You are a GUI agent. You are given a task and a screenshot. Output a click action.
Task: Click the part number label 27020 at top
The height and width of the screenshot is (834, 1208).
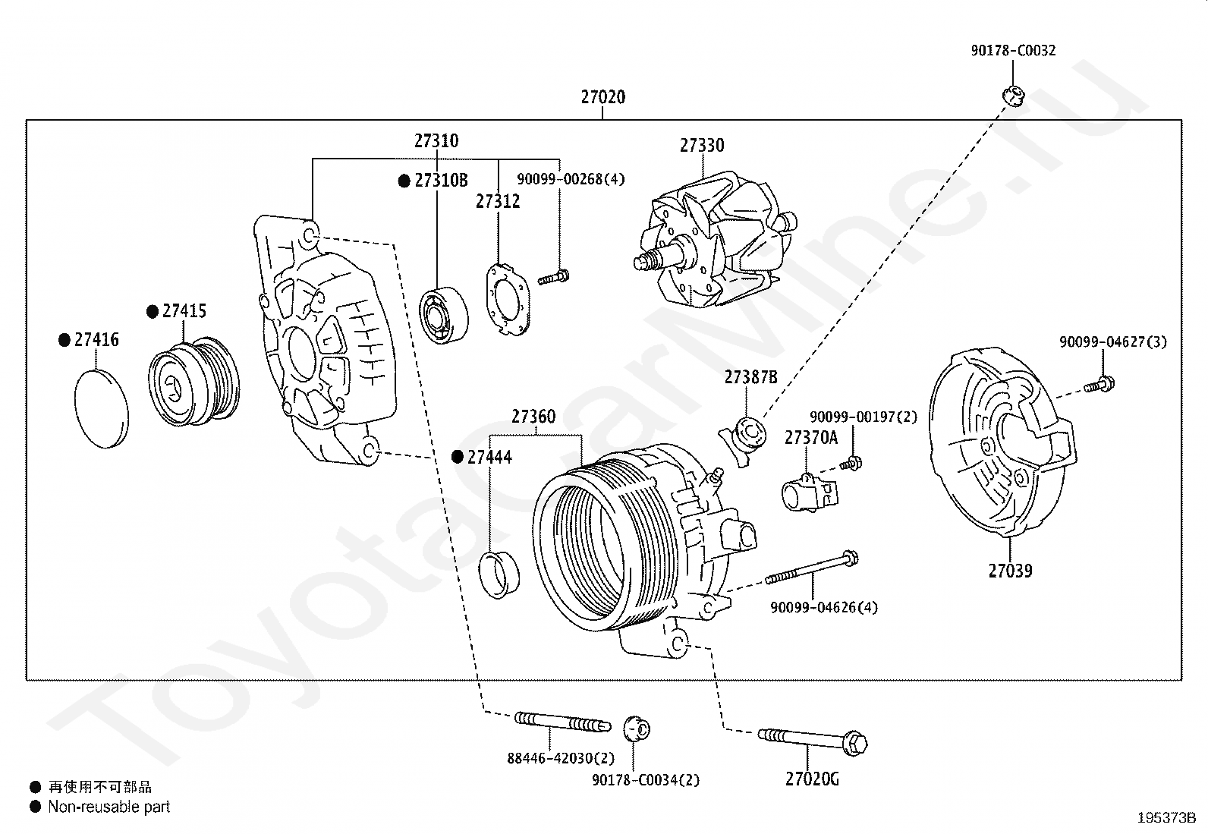[603, 97]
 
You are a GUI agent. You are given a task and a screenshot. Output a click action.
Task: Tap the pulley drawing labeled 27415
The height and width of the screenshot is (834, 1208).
[193, 381]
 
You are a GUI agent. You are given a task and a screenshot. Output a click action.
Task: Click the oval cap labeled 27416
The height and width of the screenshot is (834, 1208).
[102, 409]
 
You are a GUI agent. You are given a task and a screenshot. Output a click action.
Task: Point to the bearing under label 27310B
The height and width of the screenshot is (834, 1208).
[443, 315]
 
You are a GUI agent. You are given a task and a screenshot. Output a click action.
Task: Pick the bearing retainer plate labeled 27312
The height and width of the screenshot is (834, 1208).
[508, 300]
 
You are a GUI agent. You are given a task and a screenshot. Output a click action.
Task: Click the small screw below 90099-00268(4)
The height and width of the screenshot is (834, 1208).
[553, 278]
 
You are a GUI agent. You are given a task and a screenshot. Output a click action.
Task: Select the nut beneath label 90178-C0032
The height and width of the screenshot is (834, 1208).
[1013, 96]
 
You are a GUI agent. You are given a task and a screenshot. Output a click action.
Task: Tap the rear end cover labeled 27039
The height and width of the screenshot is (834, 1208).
[1002, 442]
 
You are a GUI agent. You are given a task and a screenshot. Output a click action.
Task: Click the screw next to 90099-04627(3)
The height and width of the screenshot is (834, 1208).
[1099, 385]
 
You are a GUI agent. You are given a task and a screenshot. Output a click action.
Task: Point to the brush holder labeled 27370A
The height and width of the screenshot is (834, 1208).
[810, 492]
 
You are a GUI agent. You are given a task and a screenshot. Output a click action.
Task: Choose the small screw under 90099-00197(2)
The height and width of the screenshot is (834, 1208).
[851, 463]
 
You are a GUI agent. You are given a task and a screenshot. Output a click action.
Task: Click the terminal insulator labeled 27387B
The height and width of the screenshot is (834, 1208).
[744, 438]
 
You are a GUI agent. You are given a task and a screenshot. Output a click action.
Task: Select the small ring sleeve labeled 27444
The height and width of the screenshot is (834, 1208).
[499, 575]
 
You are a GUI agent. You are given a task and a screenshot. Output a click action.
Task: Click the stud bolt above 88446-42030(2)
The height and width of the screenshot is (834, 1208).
[562, 722]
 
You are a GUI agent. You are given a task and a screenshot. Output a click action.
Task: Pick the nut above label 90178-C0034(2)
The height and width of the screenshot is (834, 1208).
[637, 729]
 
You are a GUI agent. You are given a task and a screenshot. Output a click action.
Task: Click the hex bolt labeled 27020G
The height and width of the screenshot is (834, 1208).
[813, 741]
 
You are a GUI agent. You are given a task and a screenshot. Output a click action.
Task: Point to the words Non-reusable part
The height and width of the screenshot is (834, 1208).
[109, 807]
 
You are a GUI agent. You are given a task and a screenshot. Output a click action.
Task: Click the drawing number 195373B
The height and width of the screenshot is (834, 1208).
[1166, 818]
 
